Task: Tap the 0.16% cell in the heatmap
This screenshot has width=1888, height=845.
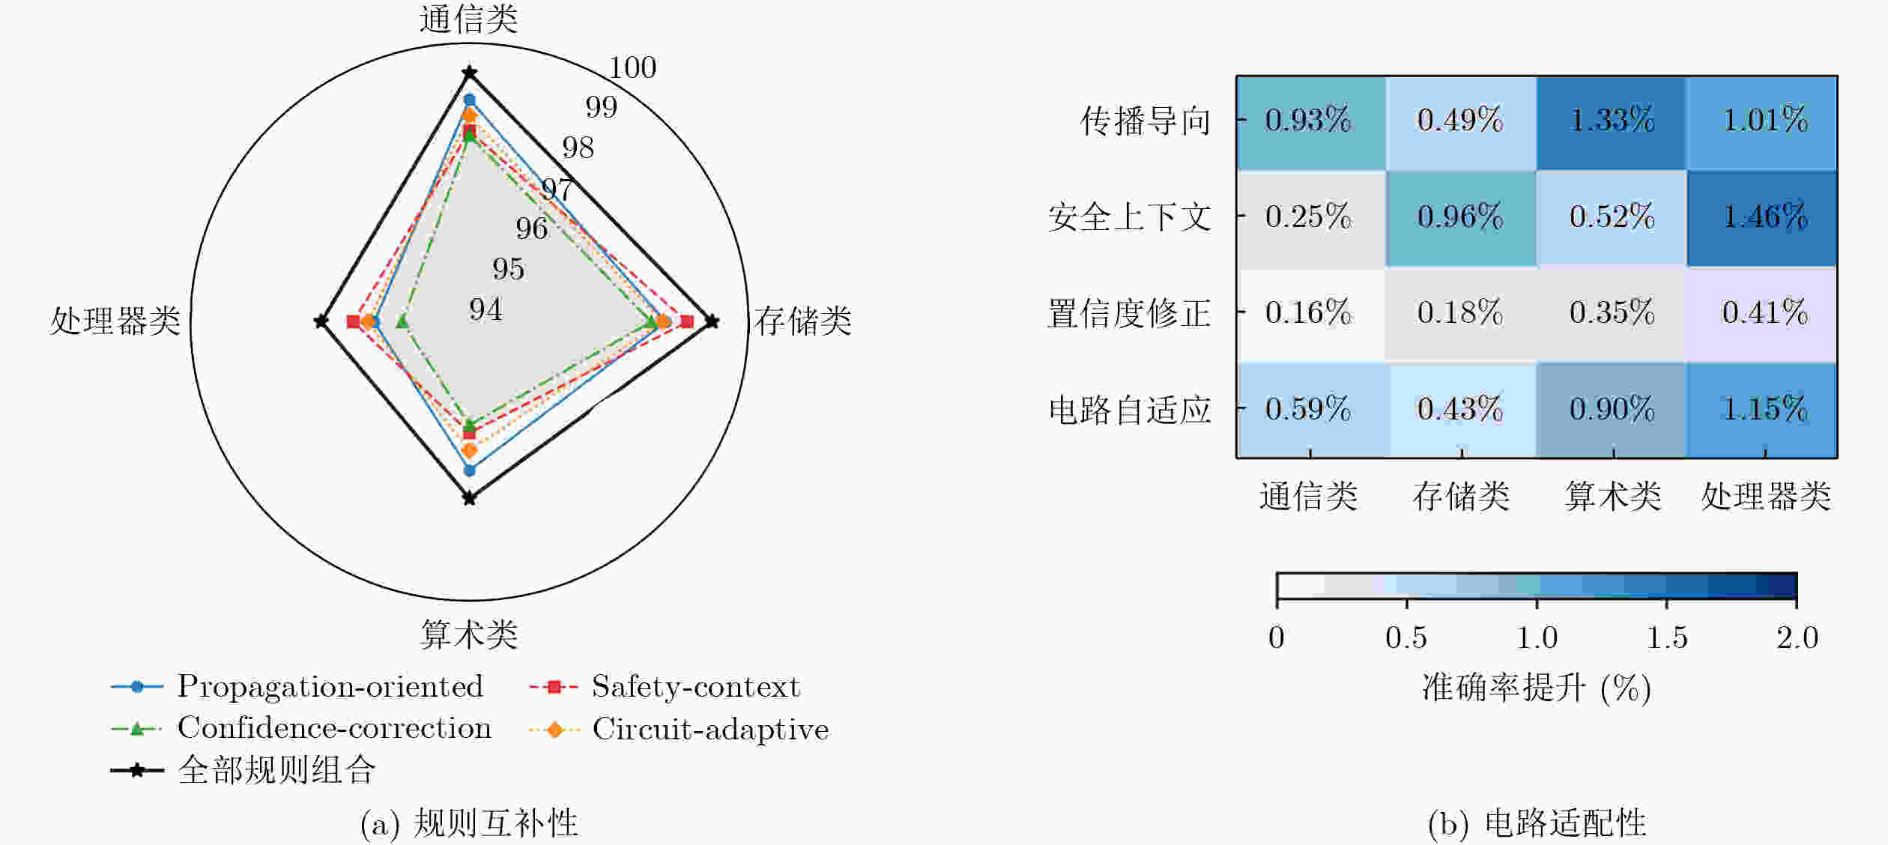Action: tap(1311, 314)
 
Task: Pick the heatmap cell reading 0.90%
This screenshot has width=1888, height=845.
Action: tap(1612, 410)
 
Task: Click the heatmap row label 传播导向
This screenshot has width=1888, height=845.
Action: tap(1146, 121)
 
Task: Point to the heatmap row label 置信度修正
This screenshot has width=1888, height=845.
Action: tap(1129, 313)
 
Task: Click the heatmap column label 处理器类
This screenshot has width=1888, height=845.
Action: tap(1766, 496)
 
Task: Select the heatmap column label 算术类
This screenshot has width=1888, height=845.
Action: tap(1613, 496)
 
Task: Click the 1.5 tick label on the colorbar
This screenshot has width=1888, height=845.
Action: tap(1667, 637)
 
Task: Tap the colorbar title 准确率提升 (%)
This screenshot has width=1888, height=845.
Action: tap(1537, 688)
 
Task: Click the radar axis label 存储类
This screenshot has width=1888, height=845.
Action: tap(803, 321)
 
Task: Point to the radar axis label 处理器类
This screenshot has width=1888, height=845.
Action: tap(115, 321)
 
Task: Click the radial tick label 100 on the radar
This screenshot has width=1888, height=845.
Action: tap(632, 68)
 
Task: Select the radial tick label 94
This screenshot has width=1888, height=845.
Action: tap(485, 309)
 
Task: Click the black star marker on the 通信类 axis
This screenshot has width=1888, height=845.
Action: tap(470, 73)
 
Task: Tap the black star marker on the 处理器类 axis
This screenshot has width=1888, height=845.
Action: tap(321, 321)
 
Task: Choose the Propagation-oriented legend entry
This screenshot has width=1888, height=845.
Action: tap(297, 687)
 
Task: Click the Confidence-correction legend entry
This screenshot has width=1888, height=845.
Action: tap(301, 728)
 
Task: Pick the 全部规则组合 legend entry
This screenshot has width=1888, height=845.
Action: tap(243, 770)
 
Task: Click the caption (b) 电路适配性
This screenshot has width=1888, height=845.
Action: tap(1537, 823)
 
